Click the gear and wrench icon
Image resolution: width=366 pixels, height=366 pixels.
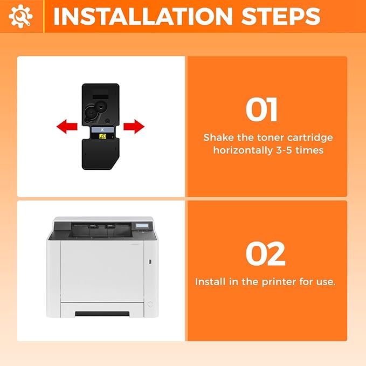coord(20,16)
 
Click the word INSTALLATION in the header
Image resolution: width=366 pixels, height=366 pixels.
coord(143,16)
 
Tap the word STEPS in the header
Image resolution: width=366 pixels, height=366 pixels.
coord(281,16)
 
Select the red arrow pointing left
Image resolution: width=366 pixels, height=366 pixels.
coord(67,127)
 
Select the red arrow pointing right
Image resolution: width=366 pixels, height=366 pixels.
coord(134,127)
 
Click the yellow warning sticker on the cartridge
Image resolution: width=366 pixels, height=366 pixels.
coord(102,136)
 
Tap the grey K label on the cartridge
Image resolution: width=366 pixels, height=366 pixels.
coord(102,130)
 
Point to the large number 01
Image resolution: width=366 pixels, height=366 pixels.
coord(261,110)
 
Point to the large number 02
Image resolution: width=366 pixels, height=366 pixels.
coord(265,254)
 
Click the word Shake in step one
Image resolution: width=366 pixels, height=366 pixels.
coord(218,137)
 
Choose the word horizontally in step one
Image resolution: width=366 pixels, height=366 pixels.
coord(243,150)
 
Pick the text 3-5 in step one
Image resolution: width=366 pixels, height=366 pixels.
coord(284,150)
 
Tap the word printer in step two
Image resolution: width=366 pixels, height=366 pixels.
coord(279,282)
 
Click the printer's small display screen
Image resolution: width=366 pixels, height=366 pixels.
coord(142,226)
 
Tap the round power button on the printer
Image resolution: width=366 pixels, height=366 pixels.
coord(150,304)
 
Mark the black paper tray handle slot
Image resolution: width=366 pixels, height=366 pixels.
coord(102,314)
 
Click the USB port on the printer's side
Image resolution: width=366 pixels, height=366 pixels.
coord(150,262)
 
